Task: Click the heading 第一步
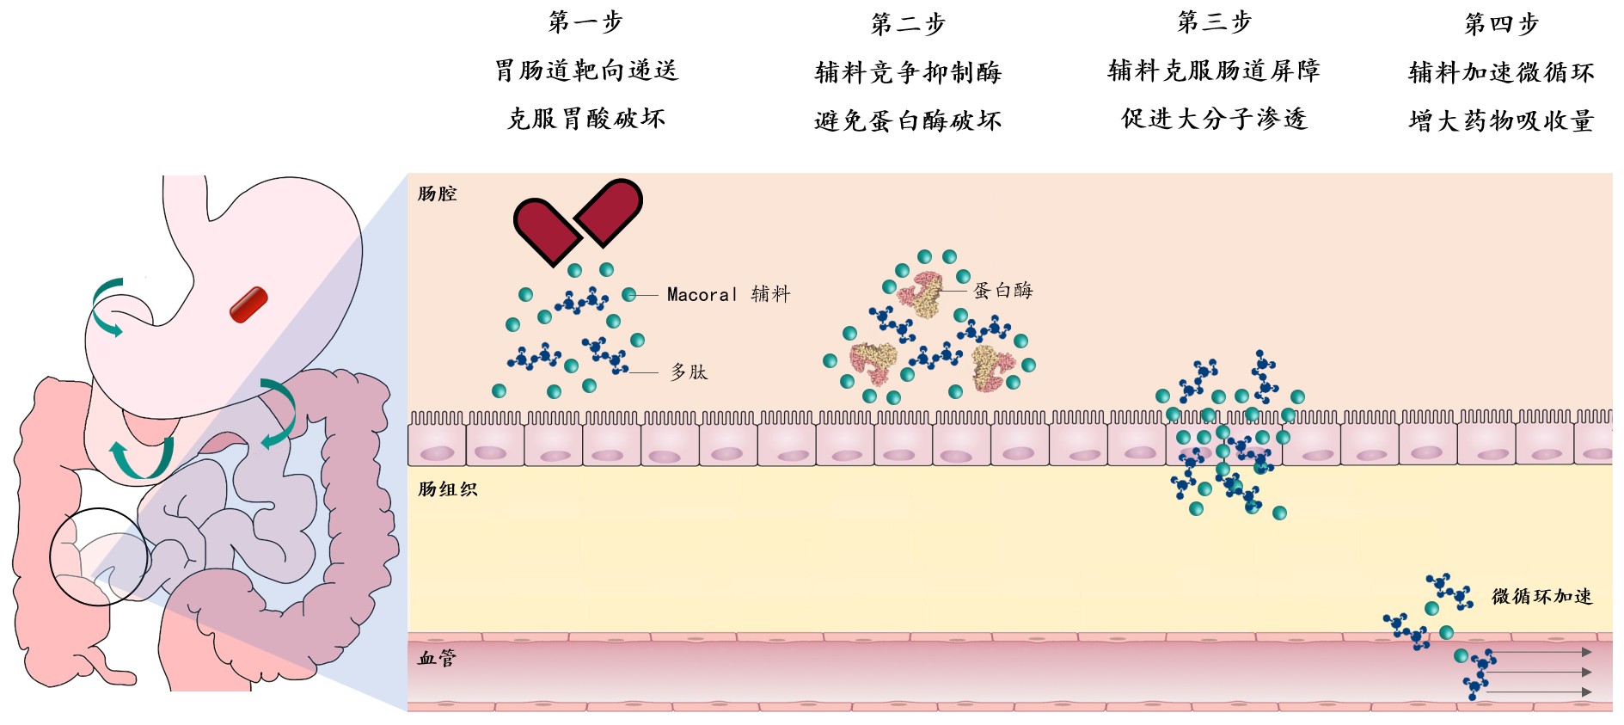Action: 585,22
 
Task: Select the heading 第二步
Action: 908,24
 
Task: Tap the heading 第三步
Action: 1214,22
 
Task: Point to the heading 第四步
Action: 1501,24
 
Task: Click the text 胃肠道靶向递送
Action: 586,71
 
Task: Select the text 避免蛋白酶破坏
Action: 908,121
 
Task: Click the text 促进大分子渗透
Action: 1214,119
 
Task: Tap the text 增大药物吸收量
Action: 1501,121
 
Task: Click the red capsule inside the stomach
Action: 248,304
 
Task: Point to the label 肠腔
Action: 437,194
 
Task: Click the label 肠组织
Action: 447,489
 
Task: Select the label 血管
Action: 437,659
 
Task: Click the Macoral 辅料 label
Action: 728,295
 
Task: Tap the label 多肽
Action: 689,372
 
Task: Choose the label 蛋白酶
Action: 1002,291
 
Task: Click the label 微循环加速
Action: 1541,596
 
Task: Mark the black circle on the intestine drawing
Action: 99,556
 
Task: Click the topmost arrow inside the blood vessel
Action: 1539,653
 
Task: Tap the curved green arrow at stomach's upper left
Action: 107,306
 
